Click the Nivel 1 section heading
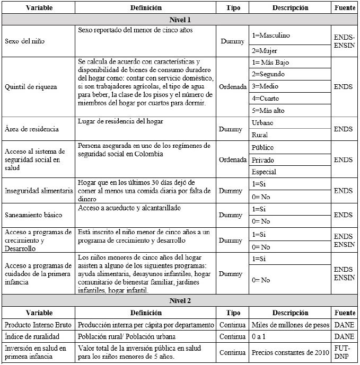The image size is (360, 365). (180, 19)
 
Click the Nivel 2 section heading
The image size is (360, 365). (180, 300)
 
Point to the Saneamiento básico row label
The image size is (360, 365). (33, 215)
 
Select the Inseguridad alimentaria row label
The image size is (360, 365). (38, 191)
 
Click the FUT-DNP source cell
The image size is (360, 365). (345, 352)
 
